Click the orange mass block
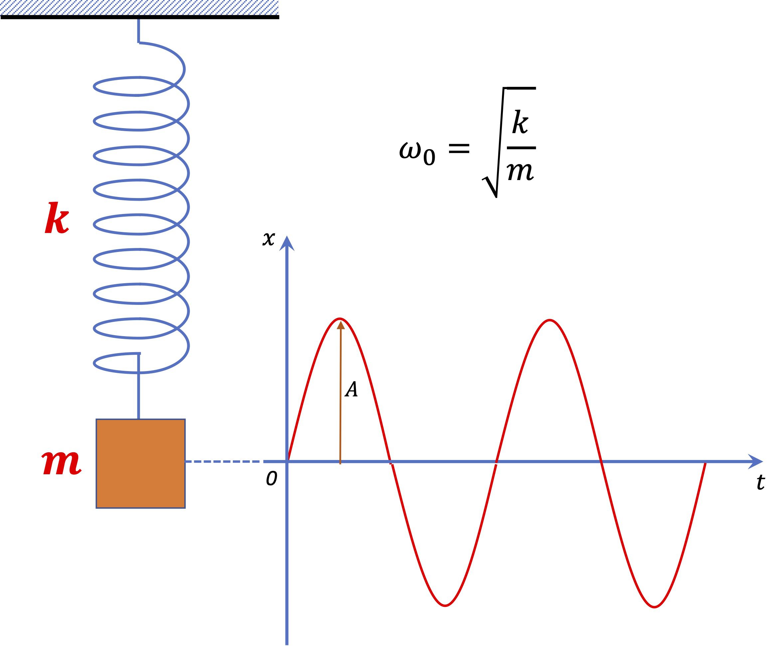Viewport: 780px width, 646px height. coord(140,464)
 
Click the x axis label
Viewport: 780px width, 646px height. coord(268,239)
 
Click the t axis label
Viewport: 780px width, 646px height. coord(760,483)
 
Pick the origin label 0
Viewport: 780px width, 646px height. coord(271,479)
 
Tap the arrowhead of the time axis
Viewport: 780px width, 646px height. coord(755,462)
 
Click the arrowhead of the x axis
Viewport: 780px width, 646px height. coord(287,244)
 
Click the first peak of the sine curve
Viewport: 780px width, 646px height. coord(340,319)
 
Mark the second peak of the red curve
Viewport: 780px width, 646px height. coord(550,320)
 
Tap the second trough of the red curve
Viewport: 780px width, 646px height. coord(655,607)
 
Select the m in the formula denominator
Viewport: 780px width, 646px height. coord(520,172)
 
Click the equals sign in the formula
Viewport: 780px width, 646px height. coord(459,149)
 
